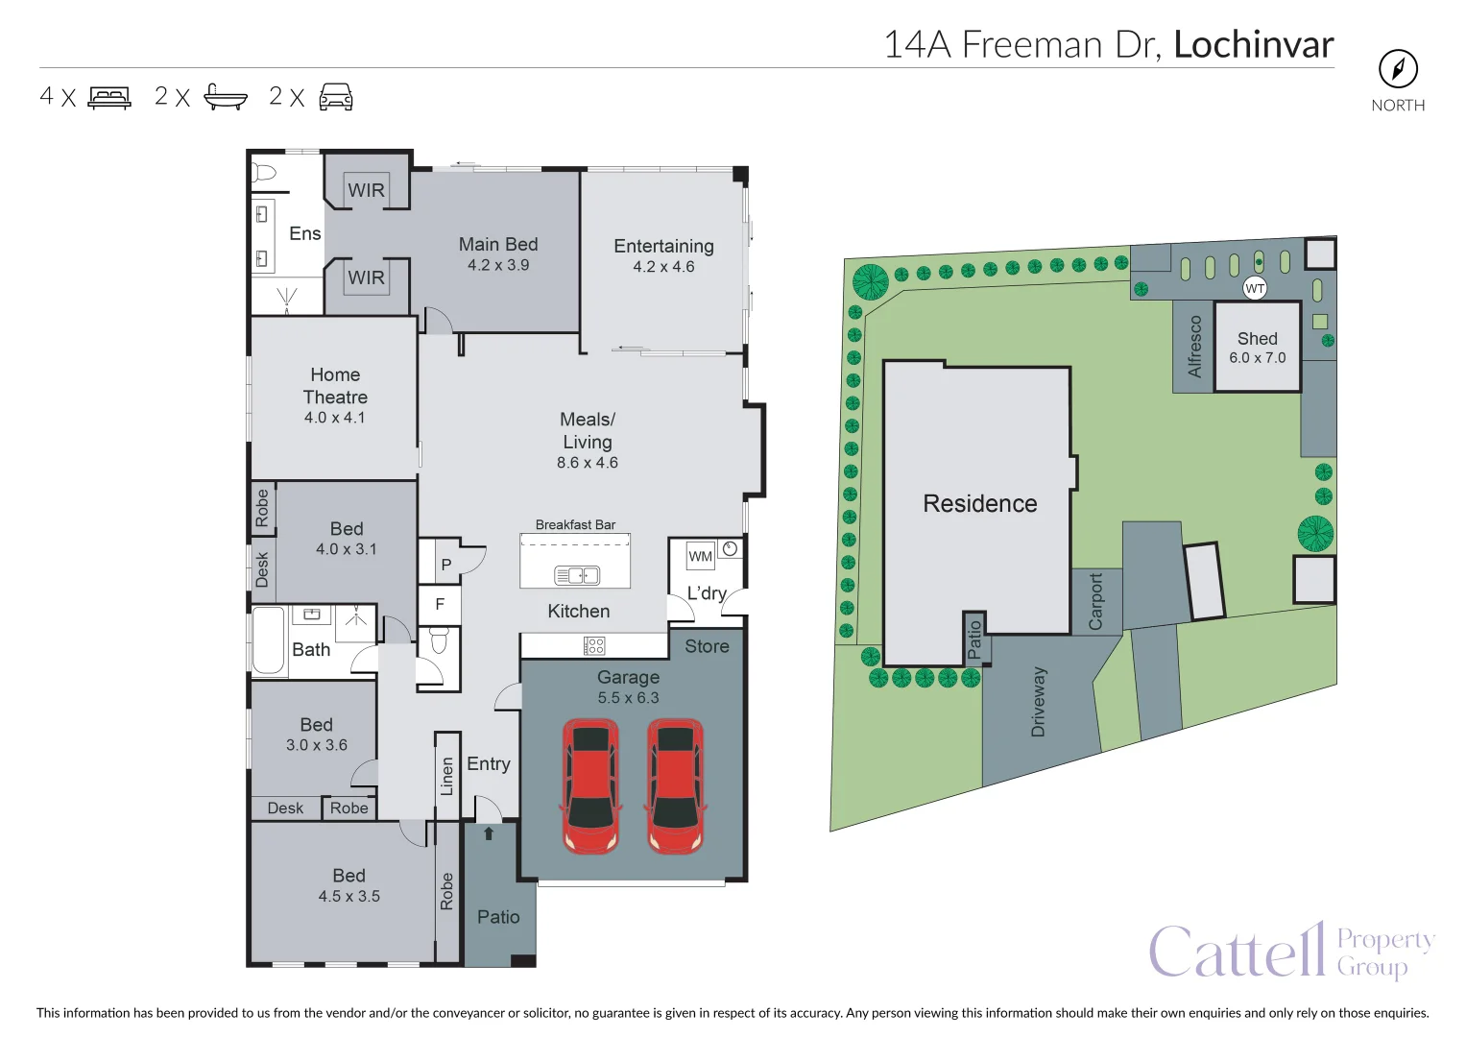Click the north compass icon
(1398, 69)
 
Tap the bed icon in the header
(109, 98)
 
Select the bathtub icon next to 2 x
(226, 97)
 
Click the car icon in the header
(336, 97)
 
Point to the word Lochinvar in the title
(1253, 44)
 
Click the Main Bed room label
(498, 244)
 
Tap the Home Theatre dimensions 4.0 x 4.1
(334, 418)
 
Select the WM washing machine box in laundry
(700, 556)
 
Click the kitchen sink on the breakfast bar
(577, 575)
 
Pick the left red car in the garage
(591, 785)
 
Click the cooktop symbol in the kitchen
(593, 646)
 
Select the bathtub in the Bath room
(268, 640)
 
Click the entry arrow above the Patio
(489, 833)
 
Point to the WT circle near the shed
(1254, 289)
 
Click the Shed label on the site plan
(1258, 338)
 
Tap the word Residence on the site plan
(979, 503)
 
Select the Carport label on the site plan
(1095, 602)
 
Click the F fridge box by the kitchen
(439, 604)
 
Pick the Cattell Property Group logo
(1291, 951)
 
